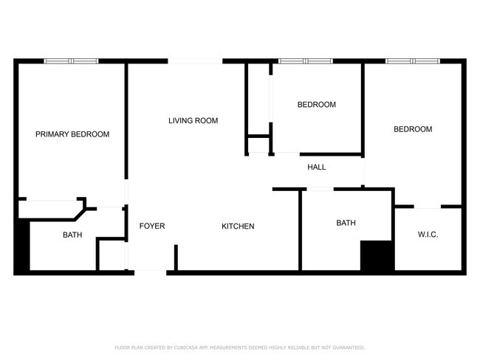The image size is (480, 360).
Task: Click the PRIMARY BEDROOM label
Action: (x=72, y=134)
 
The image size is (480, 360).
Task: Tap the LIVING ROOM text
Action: (x=193, y=120)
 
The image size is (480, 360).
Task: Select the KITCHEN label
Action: (x=238, y=226)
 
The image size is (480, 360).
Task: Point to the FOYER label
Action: (x=152, y=226)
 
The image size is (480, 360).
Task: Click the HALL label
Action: (x=316, y=167)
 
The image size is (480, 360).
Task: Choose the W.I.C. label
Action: (x=428, y=235)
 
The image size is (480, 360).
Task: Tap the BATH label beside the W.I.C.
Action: (x=346, y=223)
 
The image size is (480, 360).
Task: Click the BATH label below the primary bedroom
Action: (x=72, y=235)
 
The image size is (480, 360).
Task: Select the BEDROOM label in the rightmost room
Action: (x=412, y=129)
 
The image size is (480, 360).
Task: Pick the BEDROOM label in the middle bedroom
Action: (x=316, y=105)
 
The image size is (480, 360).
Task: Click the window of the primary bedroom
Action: (x=72, y=61)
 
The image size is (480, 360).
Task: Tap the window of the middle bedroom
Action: (x=305, y=61)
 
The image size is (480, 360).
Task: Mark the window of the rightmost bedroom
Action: (x=413, y=61)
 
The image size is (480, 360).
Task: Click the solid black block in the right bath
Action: (x=376, y=257)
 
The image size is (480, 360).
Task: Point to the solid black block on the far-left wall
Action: (x=21, y=247)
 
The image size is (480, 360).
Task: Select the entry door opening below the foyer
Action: (x=150, y=272)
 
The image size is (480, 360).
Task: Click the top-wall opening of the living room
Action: (x=195, y=61)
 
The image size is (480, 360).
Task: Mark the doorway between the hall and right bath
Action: (x=320, y=190)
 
